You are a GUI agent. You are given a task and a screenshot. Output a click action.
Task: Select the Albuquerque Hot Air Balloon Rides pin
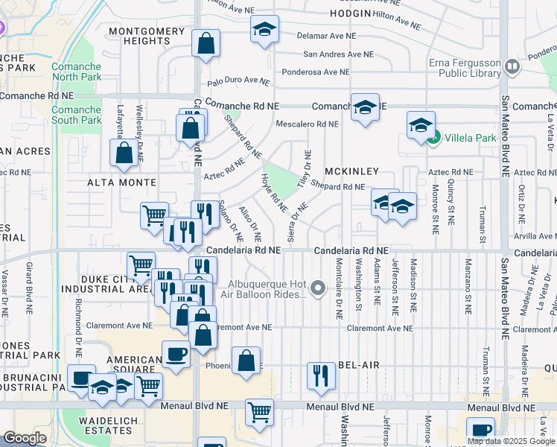pyautogui.click(x=319, y=288)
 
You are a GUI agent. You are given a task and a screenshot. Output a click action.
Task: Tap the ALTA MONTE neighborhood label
pyautogui.click(x=122, y=183)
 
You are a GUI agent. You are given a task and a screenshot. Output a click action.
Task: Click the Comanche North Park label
pyautogui.click(x=76, y=72)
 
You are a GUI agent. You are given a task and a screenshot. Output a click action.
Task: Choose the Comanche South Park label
pyautogui.click(x=76, y=115)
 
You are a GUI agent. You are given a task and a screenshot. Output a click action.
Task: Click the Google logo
pyautogui.click(x=24, y=438)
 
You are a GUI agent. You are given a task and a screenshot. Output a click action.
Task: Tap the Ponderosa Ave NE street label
pyautogui.click(x=315, y=72)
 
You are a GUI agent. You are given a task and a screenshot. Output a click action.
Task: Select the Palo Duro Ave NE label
pyautogui.click(x=238, y=80)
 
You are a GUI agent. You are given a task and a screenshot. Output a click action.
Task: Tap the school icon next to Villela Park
pyautogui.click(x=421, y=125)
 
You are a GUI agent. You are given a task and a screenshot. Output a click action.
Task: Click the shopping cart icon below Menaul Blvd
pyautogui.click(x=259, y=411)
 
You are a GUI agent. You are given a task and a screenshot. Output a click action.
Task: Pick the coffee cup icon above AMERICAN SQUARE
pyautogui.click(x=176, y=353)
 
